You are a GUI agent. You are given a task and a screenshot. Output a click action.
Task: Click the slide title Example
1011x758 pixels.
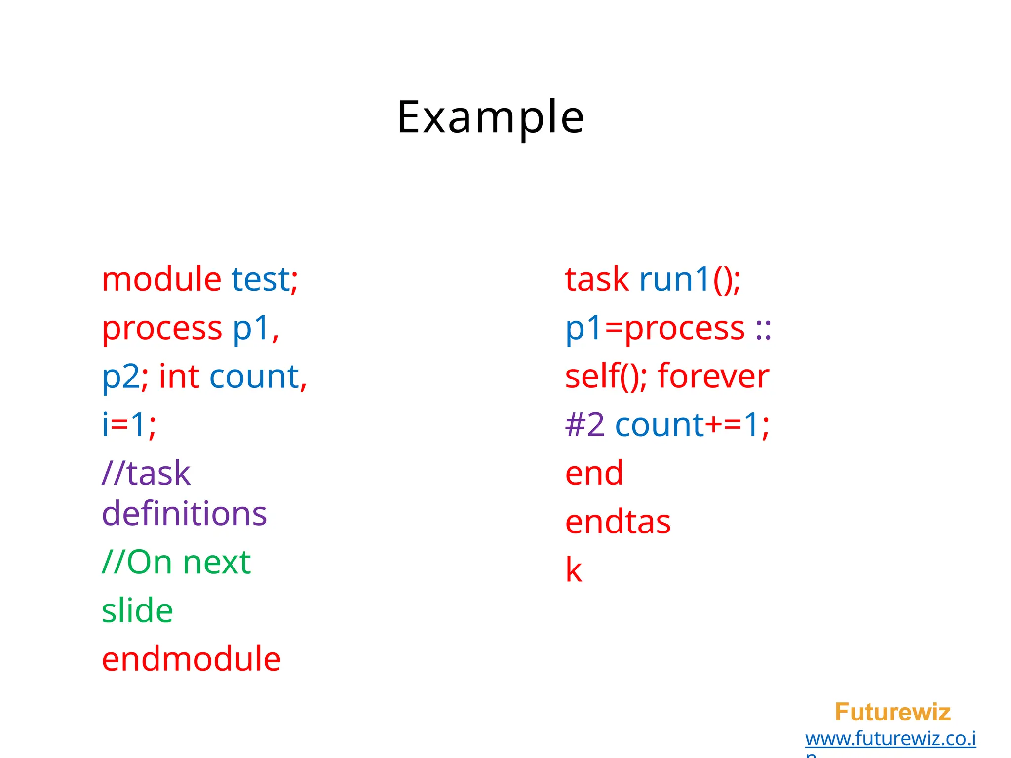click(x=491, y=117)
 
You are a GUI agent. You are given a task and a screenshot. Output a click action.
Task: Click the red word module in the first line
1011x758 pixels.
click(x=161, y=279)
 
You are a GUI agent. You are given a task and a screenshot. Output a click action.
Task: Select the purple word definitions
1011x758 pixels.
click(x=184, y=514)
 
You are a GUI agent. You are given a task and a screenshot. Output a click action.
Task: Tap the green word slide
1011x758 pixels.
click(x=137, y=611)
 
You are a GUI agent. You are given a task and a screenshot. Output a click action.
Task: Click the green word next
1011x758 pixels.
click(x=217, y=563)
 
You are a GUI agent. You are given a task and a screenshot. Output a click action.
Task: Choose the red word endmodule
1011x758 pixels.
click(x=191, y=659)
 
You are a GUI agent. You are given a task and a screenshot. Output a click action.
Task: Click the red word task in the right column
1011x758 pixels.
click(x=597, y=279)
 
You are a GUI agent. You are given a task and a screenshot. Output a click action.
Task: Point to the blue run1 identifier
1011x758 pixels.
click(x=674, y=279)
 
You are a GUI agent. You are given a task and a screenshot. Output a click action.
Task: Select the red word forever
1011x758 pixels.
click(x=713, y=377)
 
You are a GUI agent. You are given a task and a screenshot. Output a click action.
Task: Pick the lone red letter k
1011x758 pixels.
click(x=574, y=570)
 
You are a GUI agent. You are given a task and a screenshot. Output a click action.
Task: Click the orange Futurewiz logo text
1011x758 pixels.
click(x=893, y=712)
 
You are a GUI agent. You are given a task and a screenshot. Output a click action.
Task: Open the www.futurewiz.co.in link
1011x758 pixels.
click(x=890, y=739)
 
